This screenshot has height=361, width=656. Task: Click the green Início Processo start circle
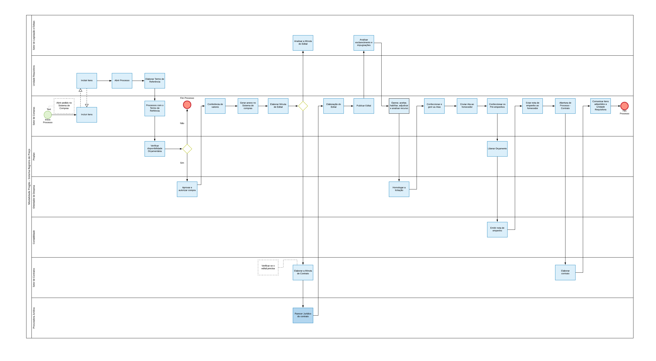48,115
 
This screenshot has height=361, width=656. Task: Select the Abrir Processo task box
122,81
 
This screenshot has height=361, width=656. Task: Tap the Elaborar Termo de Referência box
155,81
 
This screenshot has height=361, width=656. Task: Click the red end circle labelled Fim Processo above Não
187,105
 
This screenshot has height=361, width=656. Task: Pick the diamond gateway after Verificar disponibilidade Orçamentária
187,149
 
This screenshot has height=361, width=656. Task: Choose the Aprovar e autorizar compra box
187,189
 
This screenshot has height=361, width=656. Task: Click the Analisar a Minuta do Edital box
303,43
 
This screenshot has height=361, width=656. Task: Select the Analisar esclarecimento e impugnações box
364,43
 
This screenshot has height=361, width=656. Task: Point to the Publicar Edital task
364,106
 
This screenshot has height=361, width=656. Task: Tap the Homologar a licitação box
399,189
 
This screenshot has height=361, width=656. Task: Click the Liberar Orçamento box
497,149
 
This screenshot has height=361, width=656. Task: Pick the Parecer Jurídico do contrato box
303,315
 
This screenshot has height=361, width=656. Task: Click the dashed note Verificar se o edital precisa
268,267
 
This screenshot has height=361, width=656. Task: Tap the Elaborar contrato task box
565,272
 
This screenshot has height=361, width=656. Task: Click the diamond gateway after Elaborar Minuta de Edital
303,106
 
